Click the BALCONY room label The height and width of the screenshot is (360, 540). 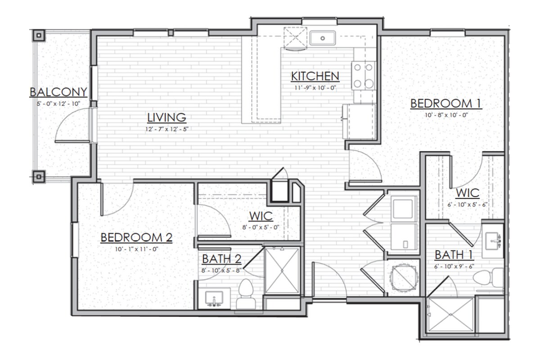58,92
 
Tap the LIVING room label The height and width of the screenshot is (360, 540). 166,118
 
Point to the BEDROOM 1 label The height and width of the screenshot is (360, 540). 446,104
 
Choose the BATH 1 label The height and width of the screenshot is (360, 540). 454,255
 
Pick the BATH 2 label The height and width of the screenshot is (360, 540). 221,259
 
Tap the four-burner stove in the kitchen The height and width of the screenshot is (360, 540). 364,75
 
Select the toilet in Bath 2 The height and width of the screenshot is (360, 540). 246,295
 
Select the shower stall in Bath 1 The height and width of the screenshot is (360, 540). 450,317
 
